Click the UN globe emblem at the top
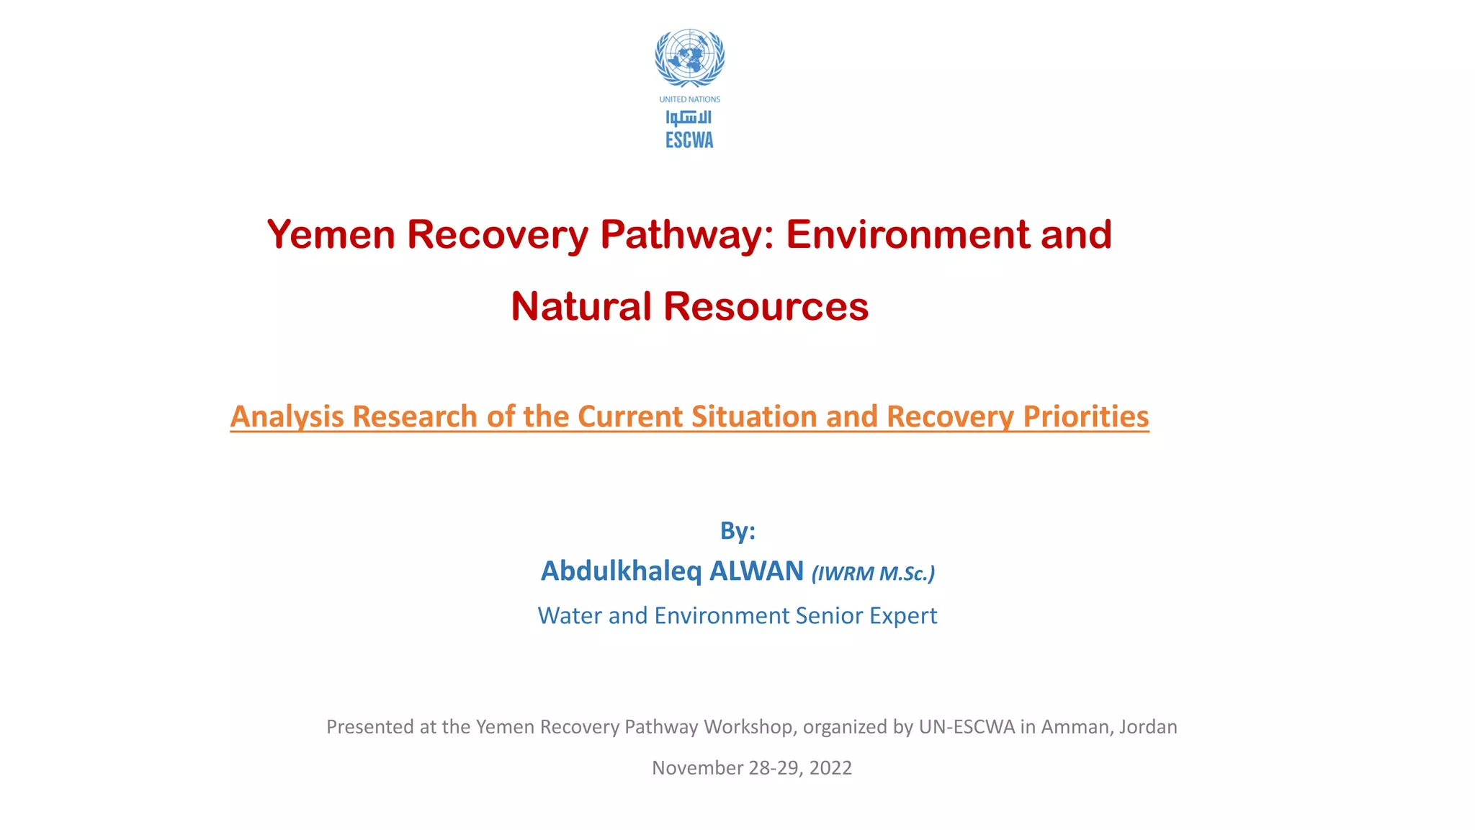[x=689, y=58]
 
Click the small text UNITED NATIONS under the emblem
[x=689, y=99]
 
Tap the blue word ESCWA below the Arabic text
[x=689, y=140]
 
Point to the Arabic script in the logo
[x=689, y=117]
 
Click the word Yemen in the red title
[x=331, y=235]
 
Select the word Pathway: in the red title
[x=687, y=235]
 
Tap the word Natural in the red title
[x=580, y=306]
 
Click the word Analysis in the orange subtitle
[x=287, y=416]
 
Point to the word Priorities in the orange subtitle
[x=1085, y=416]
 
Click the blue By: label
[x=737, y=531]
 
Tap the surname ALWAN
[x=756, y=571]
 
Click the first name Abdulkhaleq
[x=621, y=571]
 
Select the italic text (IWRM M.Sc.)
[x=873, y=574]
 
